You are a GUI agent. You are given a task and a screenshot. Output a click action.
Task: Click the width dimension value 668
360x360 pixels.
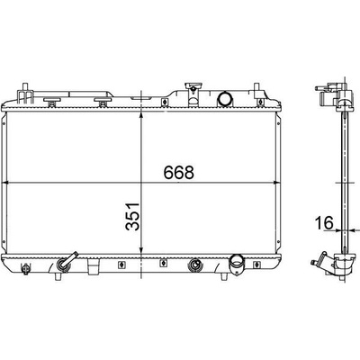coord(179,172)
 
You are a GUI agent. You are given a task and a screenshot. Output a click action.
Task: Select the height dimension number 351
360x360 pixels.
coord(133,217)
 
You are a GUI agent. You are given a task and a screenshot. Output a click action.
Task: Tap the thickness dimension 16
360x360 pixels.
coord(324,222)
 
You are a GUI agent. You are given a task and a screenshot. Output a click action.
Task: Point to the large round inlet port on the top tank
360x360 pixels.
coord(224,98)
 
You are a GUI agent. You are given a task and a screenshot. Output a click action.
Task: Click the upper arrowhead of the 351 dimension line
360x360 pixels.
coord(141,117)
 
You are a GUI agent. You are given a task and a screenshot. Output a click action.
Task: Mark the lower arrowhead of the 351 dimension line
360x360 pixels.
coord(141,249)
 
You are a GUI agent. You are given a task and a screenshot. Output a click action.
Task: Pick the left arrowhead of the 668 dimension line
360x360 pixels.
coord(6,182)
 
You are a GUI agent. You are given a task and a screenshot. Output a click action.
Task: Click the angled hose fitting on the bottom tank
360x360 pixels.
coord(67,261)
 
